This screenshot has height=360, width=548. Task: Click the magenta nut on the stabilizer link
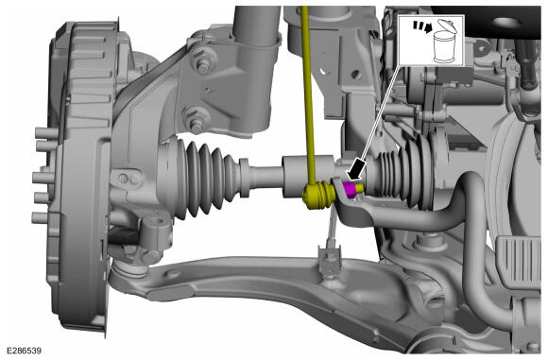(350, 189)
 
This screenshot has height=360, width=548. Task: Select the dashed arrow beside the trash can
(422, 26)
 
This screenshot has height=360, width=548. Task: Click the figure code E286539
(24, 351)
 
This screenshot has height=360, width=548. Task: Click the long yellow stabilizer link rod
(308, 94)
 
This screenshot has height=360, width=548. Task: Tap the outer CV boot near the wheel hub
(203, 179)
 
